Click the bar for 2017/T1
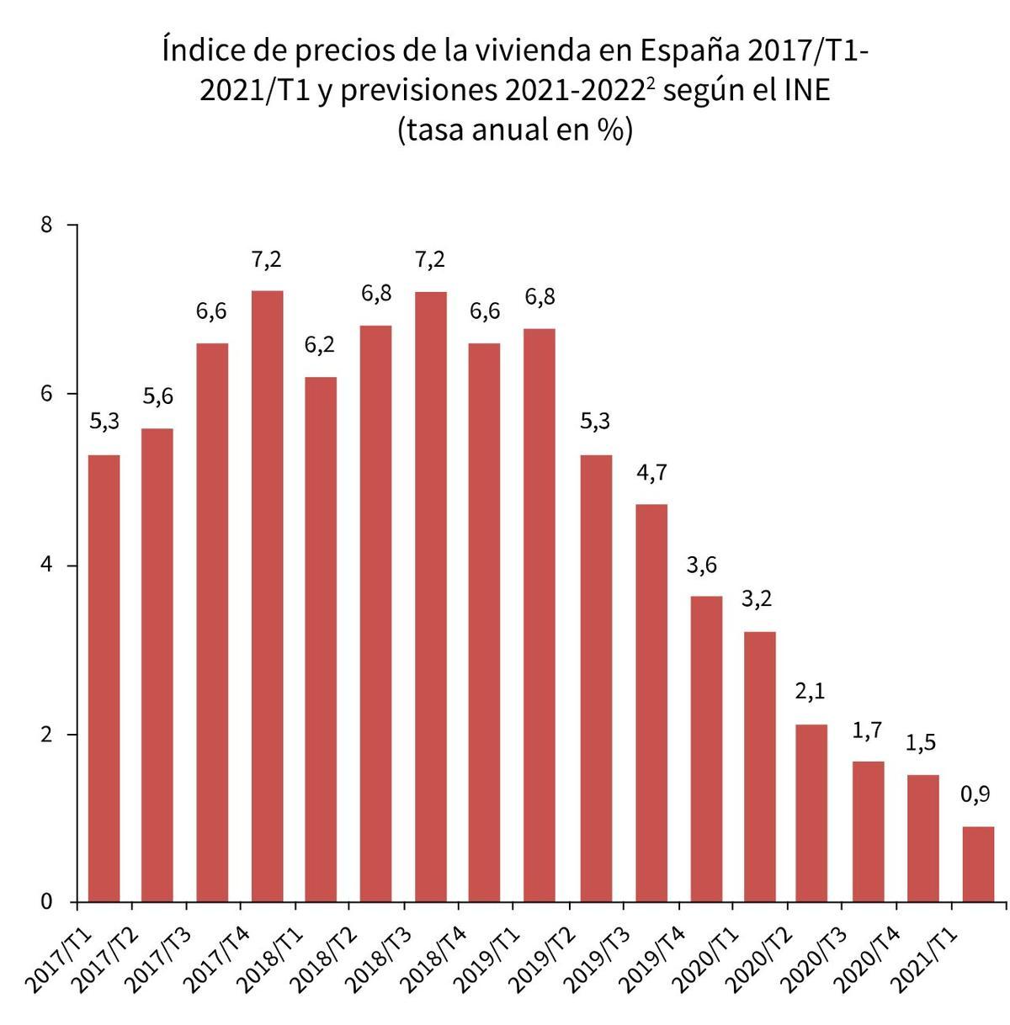(104, 678)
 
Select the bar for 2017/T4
(267, 597)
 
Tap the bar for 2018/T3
(431, 597)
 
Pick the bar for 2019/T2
(595, 678)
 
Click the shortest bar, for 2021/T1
(978, 864)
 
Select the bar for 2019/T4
(704, 749)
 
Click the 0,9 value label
(975, 794)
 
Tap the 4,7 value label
(651, 473)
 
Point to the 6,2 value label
(320, 345)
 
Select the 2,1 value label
(810, 693)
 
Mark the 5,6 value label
(157, 396)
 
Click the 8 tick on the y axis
(46, 225)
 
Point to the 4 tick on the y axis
(46, 565)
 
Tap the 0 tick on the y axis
(46, 902)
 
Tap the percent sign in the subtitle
(609, 130)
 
